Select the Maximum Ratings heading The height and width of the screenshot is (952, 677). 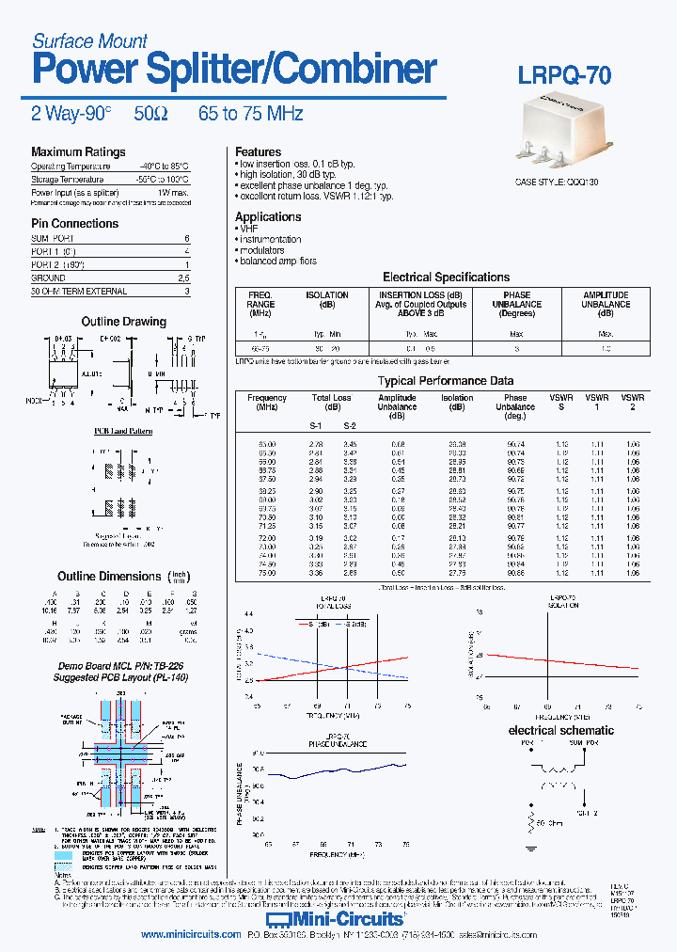pyautogui.click(x=78, y=152)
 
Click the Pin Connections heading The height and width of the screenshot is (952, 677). pyautogui.click(x=74, y=224)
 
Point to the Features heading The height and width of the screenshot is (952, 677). pyautogui.click(x=258, y=151)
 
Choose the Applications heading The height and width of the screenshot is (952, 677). pyautogui.click(x=268, y=217)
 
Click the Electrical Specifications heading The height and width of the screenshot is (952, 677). pyautogui.click(x=446, y=278)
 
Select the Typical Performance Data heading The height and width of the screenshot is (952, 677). pyautogui.click(x=446, y=381)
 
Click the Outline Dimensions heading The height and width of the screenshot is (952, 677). pyautogui.click(x=109, y=577)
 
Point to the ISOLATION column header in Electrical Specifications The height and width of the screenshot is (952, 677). pyautogui.click(x=327, y=300)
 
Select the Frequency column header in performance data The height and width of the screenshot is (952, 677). pyautogui.click(x=267, y=403)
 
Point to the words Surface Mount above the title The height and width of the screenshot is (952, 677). pyautogui.click(x=89, y=40)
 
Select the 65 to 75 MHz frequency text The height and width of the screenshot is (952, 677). pyautogui.click(x=250, y=114)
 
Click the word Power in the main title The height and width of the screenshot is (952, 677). pyautogui.click(x=80, y=71)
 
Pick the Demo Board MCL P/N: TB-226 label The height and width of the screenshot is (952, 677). pyautogui.click(x=111, y=664)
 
